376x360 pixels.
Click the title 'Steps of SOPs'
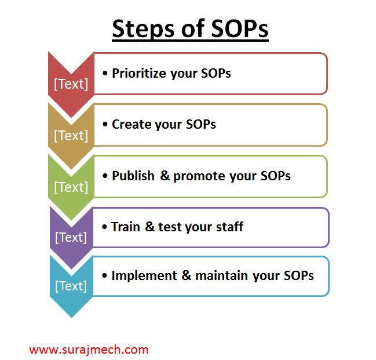[190, 29]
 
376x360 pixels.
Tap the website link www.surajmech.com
[89, 350]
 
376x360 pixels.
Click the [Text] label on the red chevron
[71, 84]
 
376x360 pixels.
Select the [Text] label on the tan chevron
[71, 136]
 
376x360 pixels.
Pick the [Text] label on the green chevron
[71, 187]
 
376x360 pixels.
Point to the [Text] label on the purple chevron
[71, 237]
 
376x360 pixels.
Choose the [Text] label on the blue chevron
[71, 286]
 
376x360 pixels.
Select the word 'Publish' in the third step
[134, 176]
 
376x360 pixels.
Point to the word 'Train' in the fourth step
[126, 227]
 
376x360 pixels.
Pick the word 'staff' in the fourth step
[228, 227]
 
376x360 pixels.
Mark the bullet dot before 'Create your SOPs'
[105, 125]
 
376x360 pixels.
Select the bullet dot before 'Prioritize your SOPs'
[105, 74]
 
